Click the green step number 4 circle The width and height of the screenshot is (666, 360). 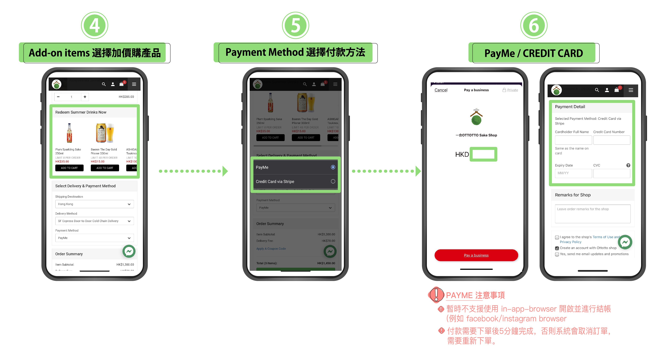click(x=95, y=25)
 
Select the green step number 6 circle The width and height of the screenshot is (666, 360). click(x=534, y=25)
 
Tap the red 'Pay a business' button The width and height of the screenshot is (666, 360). click(x=476, y=255)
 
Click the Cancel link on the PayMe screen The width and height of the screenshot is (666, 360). click(x=441, y=90)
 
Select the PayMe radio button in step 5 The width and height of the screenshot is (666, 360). click(x=333, y=167)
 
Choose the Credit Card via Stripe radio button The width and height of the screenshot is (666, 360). click(x=333, y=182)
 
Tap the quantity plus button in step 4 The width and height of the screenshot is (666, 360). click(x=85, y=97)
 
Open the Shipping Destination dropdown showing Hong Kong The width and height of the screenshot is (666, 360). click(x=94, y=204)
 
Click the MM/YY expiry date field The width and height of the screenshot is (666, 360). click(x=573, y=173)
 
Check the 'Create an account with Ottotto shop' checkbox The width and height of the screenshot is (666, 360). click(x=557, y=248)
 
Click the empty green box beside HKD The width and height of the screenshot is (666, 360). click(x=483, y=154)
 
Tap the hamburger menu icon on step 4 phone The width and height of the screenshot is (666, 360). click(x=134, y=84)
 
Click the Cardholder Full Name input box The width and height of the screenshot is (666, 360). click(x=573, y=140)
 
